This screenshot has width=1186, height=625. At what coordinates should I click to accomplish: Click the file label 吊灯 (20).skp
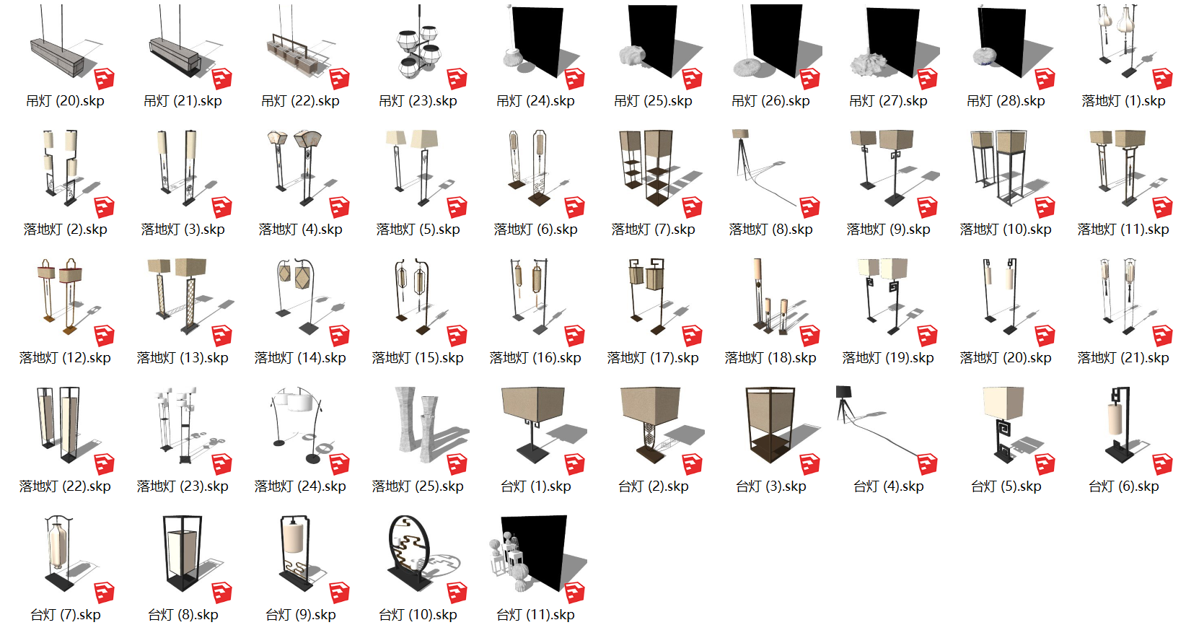pyautogui.click(x=65, y=101)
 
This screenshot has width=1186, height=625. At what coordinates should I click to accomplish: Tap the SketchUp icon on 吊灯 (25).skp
pyautogui.click(x=693, y=78)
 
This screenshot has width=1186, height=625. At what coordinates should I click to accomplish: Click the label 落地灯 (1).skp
pyautogui.click(x=1123, y=101)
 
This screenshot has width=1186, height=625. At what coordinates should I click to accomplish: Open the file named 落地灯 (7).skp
pyautogui.click(x=653, y=230)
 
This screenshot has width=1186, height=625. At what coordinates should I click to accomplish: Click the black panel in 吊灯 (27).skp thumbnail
pyautogui.click(x=892, y=40)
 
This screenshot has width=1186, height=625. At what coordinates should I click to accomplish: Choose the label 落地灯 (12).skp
pyautogui.click(x=65, y=358)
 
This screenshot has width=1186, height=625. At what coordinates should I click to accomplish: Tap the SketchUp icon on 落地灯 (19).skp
pyautogui.click(x=928, y=335)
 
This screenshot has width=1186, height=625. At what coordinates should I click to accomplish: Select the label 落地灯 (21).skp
pyautogui.click(x=1123, y=358)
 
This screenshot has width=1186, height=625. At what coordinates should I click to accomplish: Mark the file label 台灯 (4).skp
pyautogui.click(x=888, y=486)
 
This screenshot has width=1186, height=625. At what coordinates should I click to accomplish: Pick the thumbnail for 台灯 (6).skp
pyautogui.click(x=1121, y=426)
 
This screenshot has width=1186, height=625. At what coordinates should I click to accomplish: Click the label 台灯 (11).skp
pyautogui.click(x=535, y=615)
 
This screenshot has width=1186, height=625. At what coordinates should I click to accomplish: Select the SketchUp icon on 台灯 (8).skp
pyautogui.click(x=222, y=592)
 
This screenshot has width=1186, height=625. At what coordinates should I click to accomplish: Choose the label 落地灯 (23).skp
pyautogui.click(x=183, y=486)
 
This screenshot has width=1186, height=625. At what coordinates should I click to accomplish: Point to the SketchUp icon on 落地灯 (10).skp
pyautogui.click(x=1045, y=206)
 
